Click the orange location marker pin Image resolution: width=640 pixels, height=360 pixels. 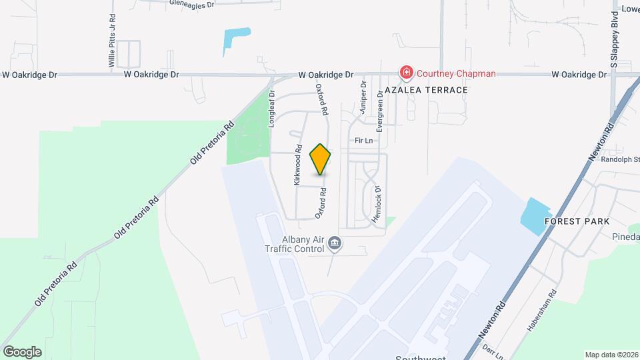[321, 159]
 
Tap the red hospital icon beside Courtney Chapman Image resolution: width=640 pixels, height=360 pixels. [405, 72]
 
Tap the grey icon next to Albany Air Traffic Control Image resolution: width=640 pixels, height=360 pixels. [335, 245]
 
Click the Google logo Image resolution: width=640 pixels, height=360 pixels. [22, 351]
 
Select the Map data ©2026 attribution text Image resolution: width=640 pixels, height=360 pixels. [611, 355]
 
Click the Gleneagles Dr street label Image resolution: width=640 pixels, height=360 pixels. [191, 4]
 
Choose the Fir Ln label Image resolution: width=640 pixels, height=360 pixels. [363, 141]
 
